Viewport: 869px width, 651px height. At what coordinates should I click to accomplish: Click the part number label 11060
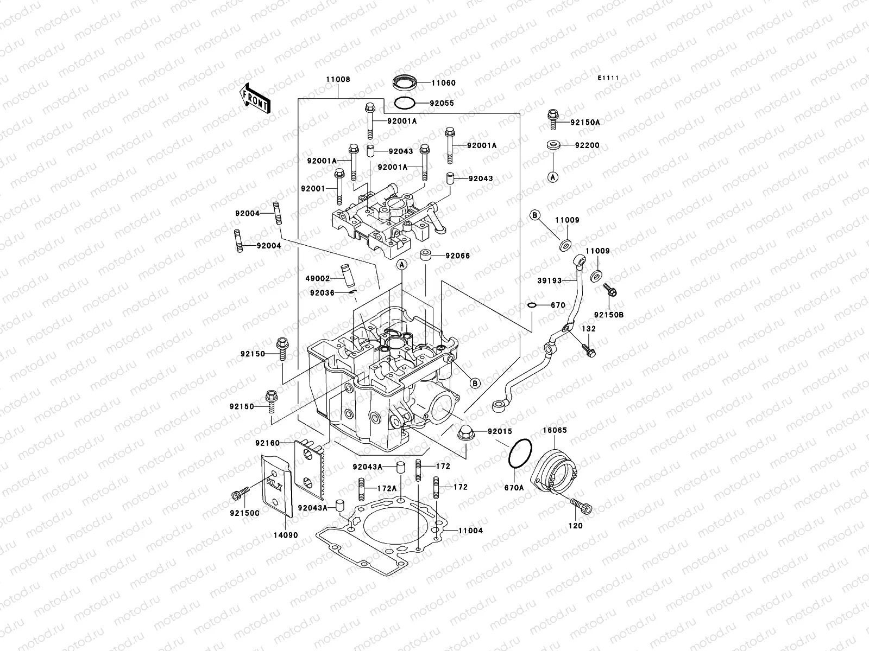point(443,83)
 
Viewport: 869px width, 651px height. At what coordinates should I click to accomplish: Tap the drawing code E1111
point(609,78)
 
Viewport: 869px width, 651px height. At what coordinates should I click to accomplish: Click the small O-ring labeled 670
point(533,305)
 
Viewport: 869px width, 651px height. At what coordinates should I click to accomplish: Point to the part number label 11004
point(470,531)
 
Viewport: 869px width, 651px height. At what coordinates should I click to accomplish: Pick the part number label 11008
point(338,79)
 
